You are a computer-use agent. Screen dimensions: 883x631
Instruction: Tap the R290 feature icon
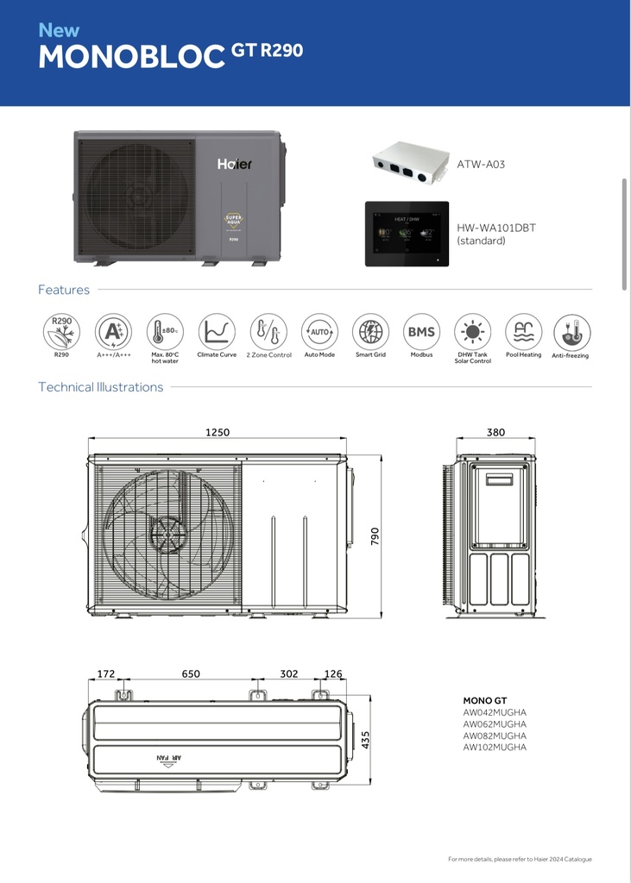pyautogui.click(x=61, y=332)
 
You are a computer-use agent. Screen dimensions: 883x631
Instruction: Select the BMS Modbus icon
pyautogui.click(x=421, y=332)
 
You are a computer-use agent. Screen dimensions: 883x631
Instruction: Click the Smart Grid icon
pyautogui.click(x=370, y=332)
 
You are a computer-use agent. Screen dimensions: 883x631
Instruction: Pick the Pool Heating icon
pyautogui.click(x=523, y=332)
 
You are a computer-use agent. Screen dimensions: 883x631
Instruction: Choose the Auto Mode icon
pyautogui.click(x=319, y=332)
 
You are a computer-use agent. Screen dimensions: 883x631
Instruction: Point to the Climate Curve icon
pyautogui.click(x=217, y=332)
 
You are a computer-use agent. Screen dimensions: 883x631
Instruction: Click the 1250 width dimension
pyautogui.click(x=218, y=433)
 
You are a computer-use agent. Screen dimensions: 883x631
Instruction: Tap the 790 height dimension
pyautogui.click(x=375, y=536)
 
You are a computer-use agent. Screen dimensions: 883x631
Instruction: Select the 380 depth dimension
pyautogui.click(x=495, y=433)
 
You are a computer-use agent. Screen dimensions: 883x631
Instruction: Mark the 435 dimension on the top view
pyautogui.click(x=366, y=740)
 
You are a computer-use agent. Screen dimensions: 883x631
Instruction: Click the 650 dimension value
pyautogui.click(x=191, y=674)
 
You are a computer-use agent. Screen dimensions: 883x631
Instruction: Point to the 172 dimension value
pyautogui.click(x=106, y=674)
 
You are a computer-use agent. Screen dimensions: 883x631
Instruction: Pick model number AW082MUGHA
pyautogui.click(x=495, y=736)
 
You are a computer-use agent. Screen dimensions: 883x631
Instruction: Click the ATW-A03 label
pyautogui.click(x=481, y=164)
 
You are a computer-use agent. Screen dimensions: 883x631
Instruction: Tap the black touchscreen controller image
pyautogui.click(x=407, y=234)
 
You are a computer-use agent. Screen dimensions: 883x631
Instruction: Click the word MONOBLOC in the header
pyautogui.click(x=132, y=56)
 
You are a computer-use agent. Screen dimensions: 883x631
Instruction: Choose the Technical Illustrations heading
pyautogui.click(x=100, y=387)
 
